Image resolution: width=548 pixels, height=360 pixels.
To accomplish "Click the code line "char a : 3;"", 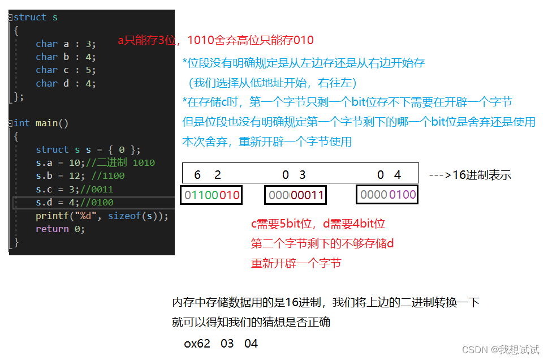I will [x=66, y=44].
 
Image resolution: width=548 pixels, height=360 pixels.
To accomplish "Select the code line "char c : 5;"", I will [x=66, y=70].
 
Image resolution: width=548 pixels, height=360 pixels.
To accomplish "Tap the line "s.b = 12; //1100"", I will [x=80, y=176].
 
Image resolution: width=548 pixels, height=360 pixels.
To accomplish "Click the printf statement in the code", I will [x=102, y=216].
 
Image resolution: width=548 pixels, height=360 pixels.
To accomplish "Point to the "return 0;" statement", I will [x=60, y=229].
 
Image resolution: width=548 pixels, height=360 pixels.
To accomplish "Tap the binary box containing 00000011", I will [x=296, y=196].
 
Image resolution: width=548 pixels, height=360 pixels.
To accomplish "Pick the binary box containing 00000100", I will [x=387, y=195].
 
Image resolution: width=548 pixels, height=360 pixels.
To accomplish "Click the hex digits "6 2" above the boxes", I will [x=208, y=175].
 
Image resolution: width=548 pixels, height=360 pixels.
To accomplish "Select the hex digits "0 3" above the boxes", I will [x=294, y=175].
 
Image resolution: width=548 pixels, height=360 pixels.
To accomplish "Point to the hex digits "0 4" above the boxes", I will [x=389, y=175].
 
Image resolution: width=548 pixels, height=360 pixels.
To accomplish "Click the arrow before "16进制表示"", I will [x=439, y=175].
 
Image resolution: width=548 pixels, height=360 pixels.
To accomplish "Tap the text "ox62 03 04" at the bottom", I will [x=221, y=344].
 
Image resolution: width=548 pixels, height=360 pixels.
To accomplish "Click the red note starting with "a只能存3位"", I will [x=215, y=40].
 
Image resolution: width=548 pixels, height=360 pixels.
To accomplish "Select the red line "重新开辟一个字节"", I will [x=296, y=263].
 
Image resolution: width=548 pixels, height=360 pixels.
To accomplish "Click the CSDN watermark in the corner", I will [x=500, y=349].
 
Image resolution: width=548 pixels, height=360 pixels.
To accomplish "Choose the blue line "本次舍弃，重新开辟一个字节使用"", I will [x=267, y=142].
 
